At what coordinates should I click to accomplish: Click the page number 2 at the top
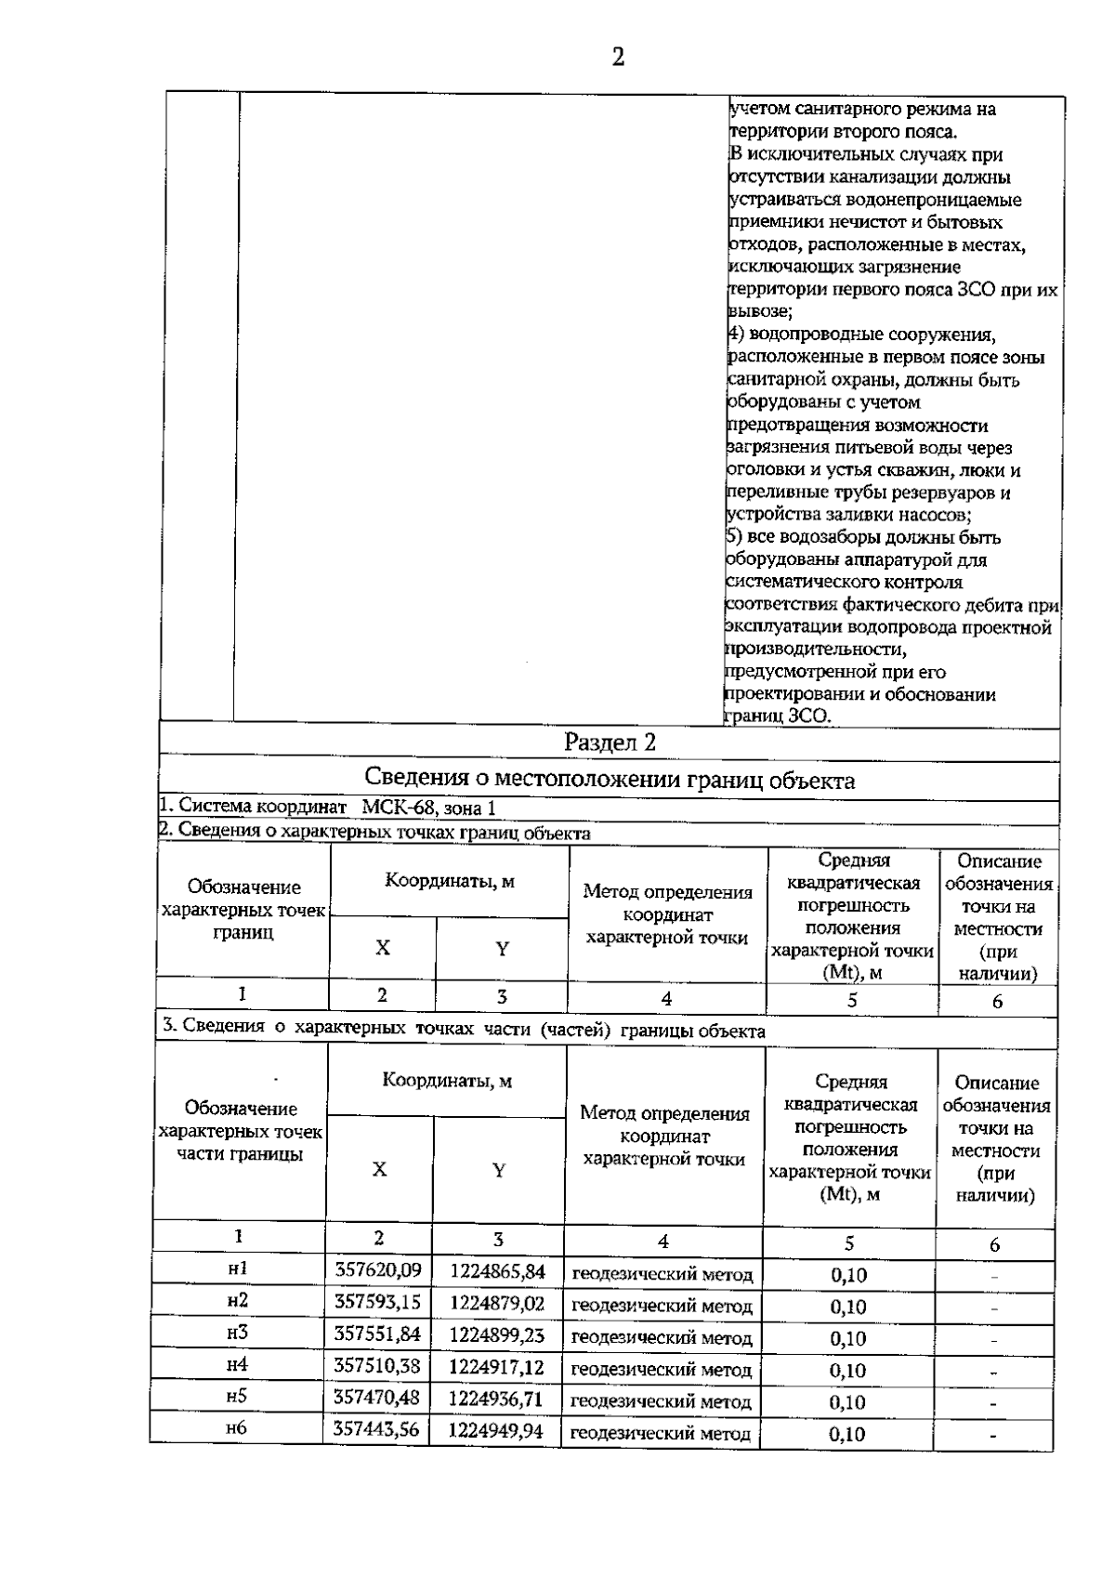[x=618, y=58]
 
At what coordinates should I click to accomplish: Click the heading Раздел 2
[x=610, y=743]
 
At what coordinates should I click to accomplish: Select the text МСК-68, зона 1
[x=428, y=808]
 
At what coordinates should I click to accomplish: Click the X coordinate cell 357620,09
[x=378, y=1270]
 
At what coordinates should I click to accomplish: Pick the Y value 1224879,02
[x=497, y=1303]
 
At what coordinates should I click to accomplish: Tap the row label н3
[x=238, y=1333]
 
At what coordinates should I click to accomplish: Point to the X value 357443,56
[x=376, y=1430]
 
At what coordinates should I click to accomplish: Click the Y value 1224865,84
[x=498, y=1270]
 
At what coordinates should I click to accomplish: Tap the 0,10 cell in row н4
[x=847, y=1371]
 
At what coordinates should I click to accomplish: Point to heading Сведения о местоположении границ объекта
[x=610, y=779]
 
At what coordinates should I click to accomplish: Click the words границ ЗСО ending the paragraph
[x=777, y=716]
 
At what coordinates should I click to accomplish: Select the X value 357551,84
[x=377, y=1334]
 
